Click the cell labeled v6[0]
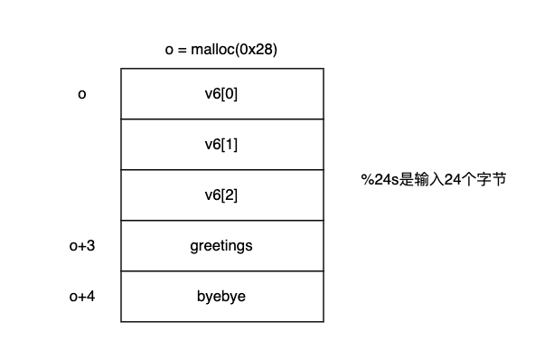tap(221, 93)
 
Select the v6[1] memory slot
tap(221, 144)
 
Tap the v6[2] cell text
tap(221, 194)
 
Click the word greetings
tap(221, 245)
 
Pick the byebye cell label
tap(221, 296)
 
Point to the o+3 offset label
tap(82, 245)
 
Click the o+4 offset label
tap(82, 296)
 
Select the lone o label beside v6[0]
tap(82, 93)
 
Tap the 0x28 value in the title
tap(254, 50)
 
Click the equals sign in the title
tap(181, 50)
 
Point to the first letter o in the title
tap(169, 50)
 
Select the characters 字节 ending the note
tap(489, 179)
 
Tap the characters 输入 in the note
tap(428, 179)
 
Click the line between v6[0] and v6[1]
tap(221, 118)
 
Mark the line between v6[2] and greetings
tap(221, 220)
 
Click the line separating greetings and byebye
tap(221, 270)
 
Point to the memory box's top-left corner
tap(121, 68)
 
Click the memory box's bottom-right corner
tap(323, 321)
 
